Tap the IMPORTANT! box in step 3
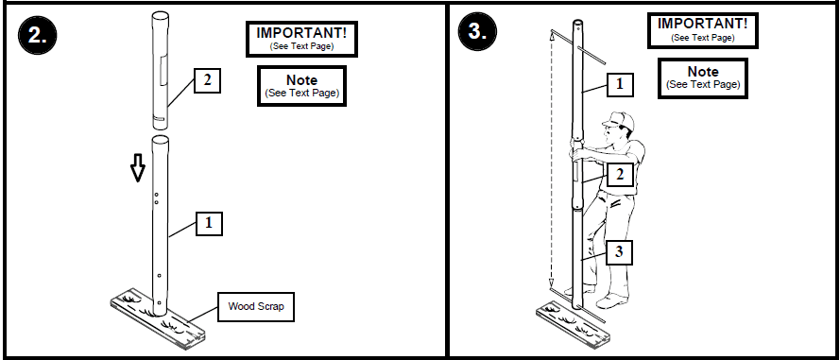click(702, 29)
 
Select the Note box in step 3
click(702, 77)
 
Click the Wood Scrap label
click(255, 306)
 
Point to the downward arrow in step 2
click(138, 168)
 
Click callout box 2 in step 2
click(207, 80)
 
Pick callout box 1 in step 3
click(619, 84)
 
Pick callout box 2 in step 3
click(619, 175)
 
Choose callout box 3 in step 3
click(619, 252)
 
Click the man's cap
click(618, 120)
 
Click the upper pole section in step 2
click(160, 71)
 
